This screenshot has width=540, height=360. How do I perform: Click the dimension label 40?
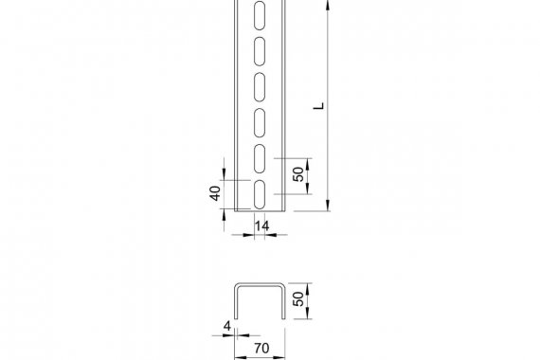point(215,193)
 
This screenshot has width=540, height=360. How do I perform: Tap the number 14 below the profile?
point(261,226)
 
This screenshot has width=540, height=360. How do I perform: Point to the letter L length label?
point(319,106)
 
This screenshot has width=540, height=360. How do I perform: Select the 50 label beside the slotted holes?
point(298,174)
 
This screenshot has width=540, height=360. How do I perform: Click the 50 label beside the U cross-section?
point(298,298)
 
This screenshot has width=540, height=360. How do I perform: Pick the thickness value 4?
point(227,326)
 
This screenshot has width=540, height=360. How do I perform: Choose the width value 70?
point(261,349)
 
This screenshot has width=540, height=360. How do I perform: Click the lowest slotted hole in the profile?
point(260,194)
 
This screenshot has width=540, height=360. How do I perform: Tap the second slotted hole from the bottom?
point(260,159)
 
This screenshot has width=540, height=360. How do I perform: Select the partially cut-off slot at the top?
point(260,15)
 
